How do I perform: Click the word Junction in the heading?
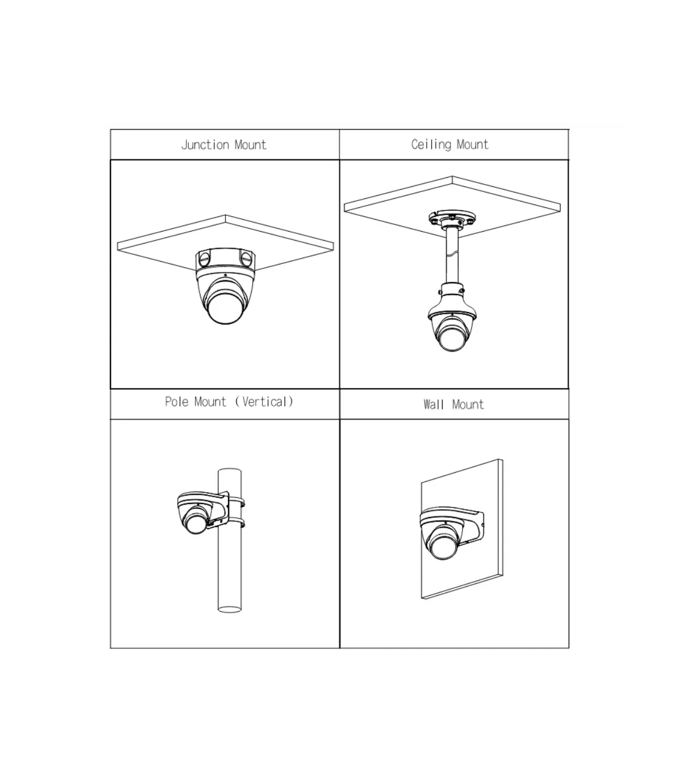click(205, 145)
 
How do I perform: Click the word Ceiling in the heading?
click(431, 144)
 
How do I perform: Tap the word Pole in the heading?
click(177, 402)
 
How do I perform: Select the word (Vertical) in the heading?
click(265, 402)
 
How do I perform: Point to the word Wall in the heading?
click(433, 404)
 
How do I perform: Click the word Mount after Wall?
click(468, 404)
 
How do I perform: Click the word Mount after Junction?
click(250, 145)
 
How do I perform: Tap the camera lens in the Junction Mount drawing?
click(225, 307)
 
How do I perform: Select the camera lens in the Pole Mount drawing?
click(197, 523)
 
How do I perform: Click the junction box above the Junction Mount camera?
click(226, 259)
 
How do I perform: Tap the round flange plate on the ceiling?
click(452, 219)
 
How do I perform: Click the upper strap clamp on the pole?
click(236, 501)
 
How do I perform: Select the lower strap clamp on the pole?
click(236, 523)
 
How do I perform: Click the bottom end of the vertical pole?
click(229, 609)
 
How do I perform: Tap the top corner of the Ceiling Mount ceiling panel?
click(452, 176)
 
